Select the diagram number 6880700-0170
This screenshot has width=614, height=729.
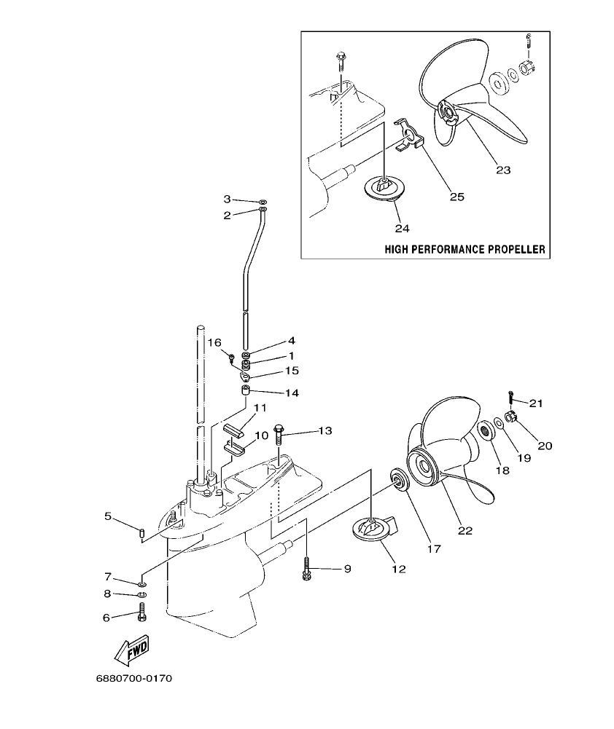(x=134, y=679)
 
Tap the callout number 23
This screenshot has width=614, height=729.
(x=502, y=170)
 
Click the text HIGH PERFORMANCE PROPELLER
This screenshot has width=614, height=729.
(x=465, y=249)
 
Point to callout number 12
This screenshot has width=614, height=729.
(x=398, y=568)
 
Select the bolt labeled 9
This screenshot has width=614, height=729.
(x=306, y=568)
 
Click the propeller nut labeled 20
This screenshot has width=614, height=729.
(x=511, y=417)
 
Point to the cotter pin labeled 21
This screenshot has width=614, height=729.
(x=511, y=397)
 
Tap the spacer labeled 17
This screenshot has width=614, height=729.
(x=399, y=480)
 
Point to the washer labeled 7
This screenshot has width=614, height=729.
(x=142, y=583)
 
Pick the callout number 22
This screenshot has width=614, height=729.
(x=465, y=530)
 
